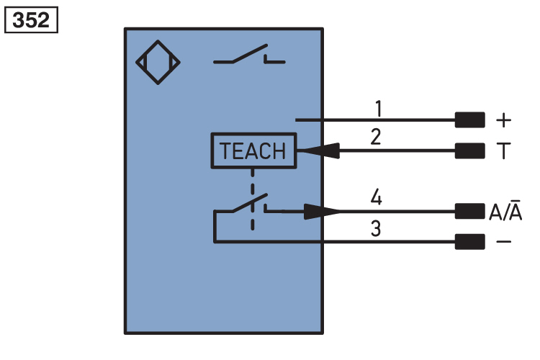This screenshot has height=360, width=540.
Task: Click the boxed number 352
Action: pyautogui.click(x=31, y=19)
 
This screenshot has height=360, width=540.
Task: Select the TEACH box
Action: pyautogui.click(x=253, y=151)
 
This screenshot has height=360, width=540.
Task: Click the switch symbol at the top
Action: pyautogui.click(x=248, y=57)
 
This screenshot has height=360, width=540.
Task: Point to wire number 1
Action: pyautogui.click(x=378, y=109)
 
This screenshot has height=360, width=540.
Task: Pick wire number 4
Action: pyautogui.click(x=375, y=197)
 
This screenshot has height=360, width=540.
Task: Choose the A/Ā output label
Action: pyautogui.click(x=505, y=212)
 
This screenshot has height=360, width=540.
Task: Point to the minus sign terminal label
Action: pyautogui.click(x=503, y=241)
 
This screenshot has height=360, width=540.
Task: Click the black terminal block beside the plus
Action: pyautogui.click(x=469, y=120)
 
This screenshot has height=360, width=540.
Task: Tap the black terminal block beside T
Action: pyautogui.click(x=469, y=151)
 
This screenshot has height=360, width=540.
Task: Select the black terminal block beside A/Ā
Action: pyautogui.click(x=469, y=211)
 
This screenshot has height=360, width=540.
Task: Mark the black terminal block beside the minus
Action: pyautogui.click(x=469, y=241)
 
